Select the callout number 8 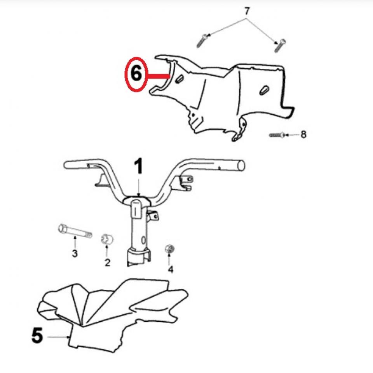click(x=303, y=134)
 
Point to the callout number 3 click(x=74, y=254)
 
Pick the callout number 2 click(x=107, y=262)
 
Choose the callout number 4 click(x=171, y=269)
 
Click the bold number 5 click(x=37, y=336)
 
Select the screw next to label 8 click(x=277, y=135)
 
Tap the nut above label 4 click(x=169, y=249)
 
